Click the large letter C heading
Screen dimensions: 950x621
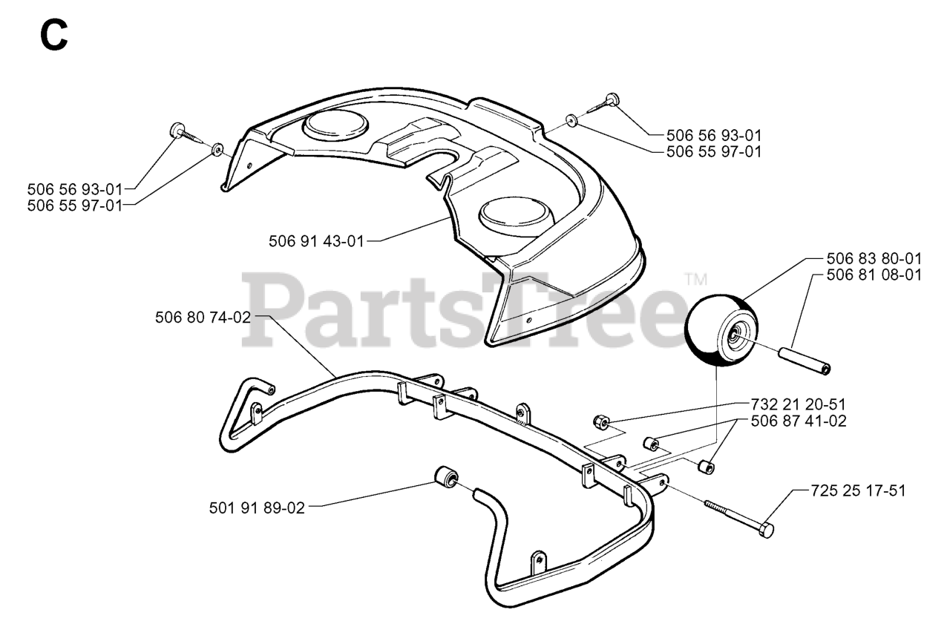tap(54, 35)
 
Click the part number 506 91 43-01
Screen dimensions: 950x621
tap(317, 241)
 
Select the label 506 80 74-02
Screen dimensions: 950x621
tap(203, 317)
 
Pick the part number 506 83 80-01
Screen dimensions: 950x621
tap(874, 259)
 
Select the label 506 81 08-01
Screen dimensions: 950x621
tap(874, 275)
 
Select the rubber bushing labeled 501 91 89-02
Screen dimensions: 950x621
tap(446, 476)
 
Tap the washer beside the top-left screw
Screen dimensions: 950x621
tap(217, 149)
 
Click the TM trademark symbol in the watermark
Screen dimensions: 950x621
tap(695, 280)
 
